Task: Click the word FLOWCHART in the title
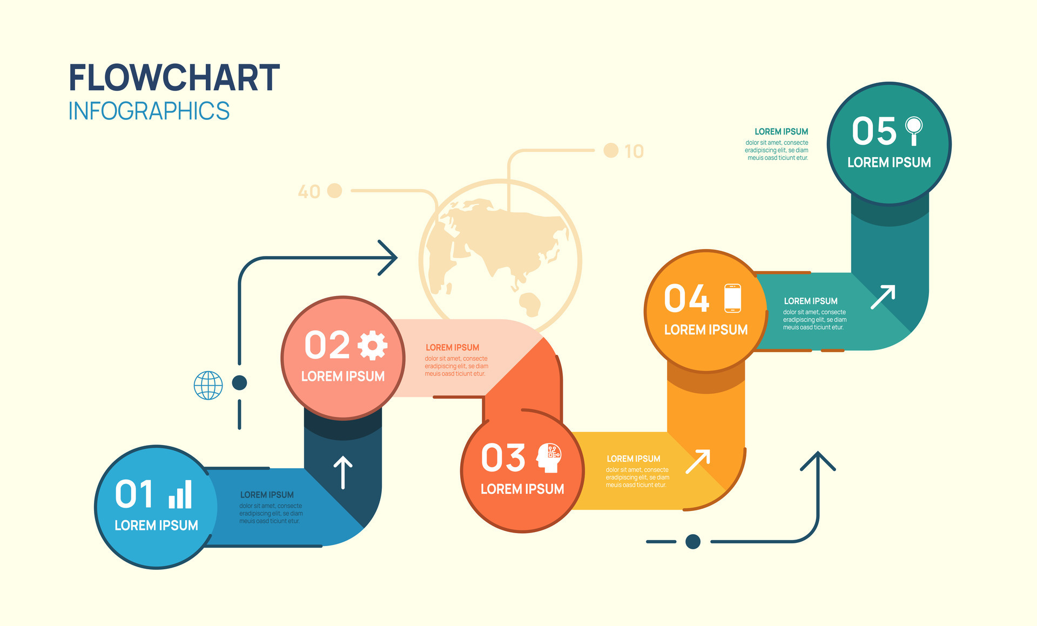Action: (174, 78)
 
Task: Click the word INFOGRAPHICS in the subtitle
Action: (149, 111)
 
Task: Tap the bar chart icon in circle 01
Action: (180, 494)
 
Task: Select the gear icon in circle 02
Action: (373, 346)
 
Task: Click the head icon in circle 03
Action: (549, 458)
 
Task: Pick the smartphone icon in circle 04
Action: (732, 298)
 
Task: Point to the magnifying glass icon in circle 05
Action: (914, 131)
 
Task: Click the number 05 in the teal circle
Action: (874, 131)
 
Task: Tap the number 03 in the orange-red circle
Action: (503, 458)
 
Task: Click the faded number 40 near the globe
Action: (309, 192)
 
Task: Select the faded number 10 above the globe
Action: (634, 151)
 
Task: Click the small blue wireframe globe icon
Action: (208, 385)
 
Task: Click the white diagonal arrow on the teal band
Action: (883, 297)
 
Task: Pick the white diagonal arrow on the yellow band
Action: (698, 461)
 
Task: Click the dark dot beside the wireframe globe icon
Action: (239, 383)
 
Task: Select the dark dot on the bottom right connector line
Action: (693, 541)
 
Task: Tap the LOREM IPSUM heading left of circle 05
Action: (781, 132)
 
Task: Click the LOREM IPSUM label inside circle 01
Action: (157, 525)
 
